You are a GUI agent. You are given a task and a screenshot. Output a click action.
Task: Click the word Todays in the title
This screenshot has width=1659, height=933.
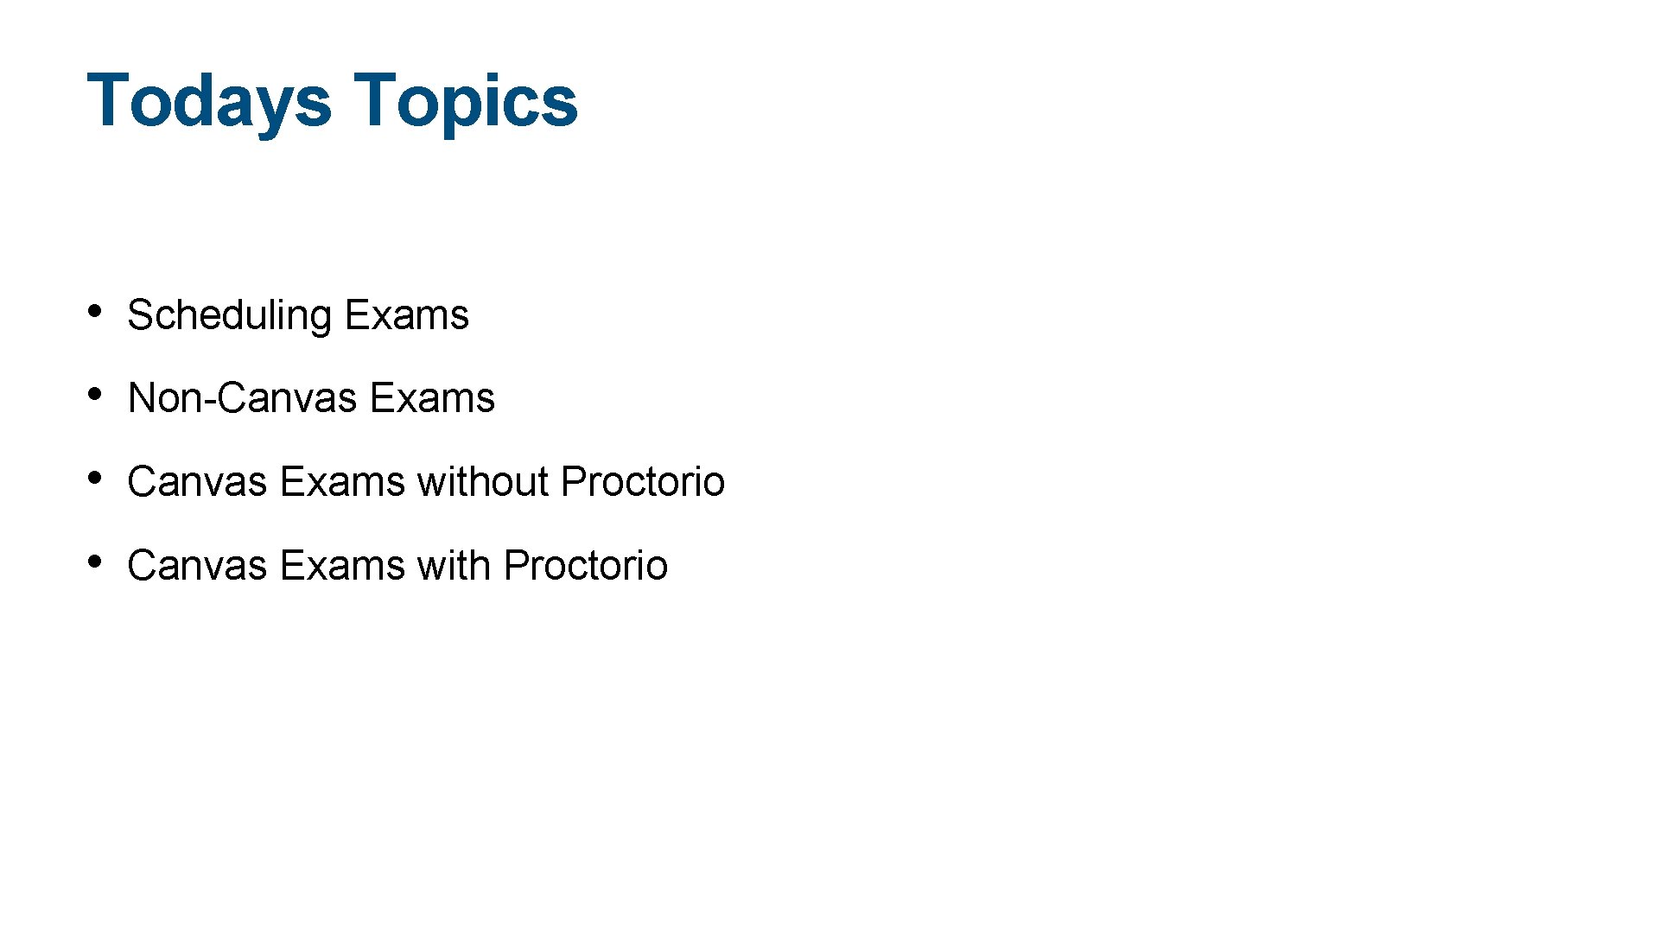(x=208, y=101)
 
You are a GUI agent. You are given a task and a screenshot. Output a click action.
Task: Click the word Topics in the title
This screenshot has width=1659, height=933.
(x=466, y=101)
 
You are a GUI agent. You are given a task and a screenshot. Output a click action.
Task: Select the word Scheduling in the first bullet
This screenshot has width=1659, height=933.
(x=229, y=315)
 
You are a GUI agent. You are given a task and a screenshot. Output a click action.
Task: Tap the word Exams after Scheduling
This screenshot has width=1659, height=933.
(x=407, y=315)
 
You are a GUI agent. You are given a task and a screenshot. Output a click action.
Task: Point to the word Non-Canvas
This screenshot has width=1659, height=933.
(x=242, y=398)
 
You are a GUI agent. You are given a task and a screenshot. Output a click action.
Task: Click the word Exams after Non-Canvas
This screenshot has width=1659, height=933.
(x=432, y=398)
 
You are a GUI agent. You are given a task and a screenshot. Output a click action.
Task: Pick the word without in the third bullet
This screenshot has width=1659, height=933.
(x=483, y=482)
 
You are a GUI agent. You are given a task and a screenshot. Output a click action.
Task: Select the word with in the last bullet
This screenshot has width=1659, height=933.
(x=454, y=566)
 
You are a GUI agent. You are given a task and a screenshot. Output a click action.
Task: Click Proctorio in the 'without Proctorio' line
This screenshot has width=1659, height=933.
(x=643, y=482)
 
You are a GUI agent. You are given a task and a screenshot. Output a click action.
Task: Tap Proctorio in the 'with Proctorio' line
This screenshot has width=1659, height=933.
(x=586, y=566)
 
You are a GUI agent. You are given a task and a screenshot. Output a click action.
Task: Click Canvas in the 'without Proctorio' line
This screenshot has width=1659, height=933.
(x=197, y=482)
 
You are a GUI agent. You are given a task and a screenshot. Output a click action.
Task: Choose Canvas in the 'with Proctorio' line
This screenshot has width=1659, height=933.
(x=197, y=566)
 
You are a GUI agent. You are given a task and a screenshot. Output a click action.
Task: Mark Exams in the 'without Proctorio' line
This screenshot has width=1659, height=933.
(x=342, y=482)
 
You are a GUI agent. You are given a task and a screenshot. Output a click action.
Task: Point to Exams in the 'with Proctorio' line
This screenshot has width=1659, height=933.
(x=342, y=566)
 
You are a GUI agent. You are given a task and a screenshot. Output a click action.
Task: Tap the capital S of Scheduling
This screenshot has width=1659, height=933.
(x=140, y=315)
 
